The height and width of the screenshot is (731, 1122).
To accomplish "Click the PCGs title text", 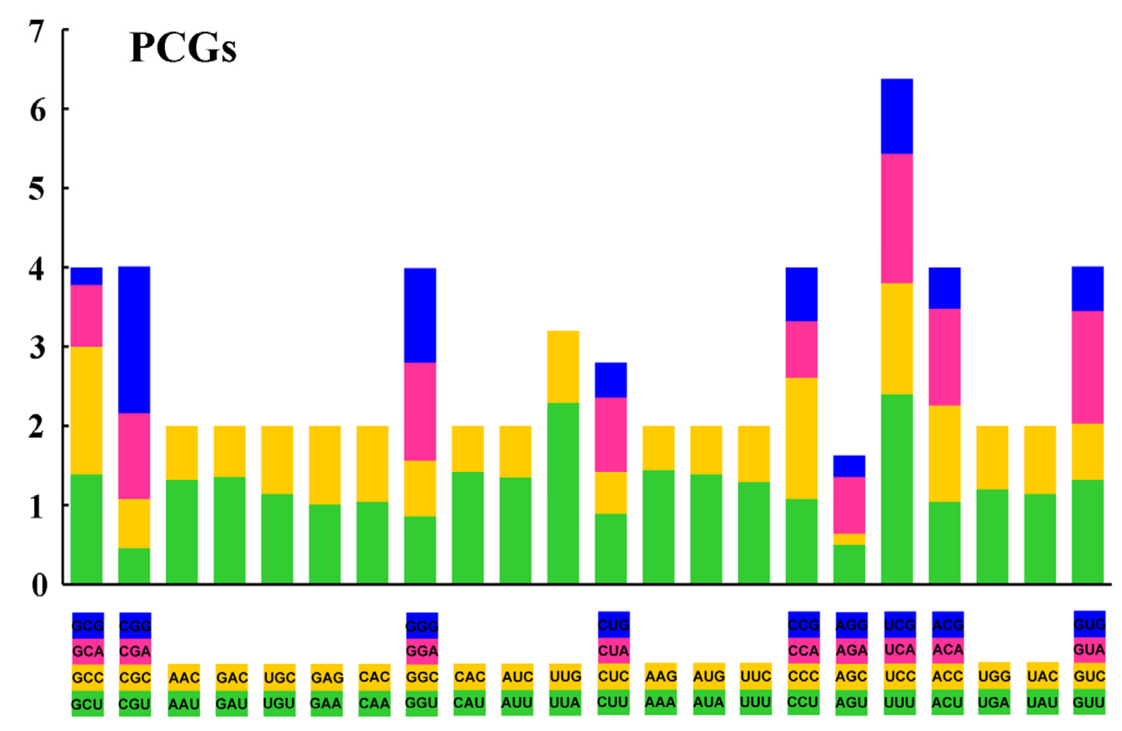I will click(x=182, y=49).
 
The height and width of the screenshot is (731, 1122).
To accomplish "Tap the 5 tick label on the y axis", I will click(x=37, y=190).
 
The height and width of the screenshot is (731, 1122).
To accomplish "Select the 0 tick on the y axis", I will click(x=39, y=586).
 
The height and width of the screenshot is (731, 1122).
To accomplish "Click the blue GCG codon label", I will click(x=88, y=625).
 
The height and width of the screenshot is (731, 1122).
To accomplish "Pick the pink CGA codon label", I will click(x=135, y=651).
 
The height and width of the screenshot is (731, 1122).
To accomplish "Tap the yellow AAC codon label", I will click(x=184, y=677).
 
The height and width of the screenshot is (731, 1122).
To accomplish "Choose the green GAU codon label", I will click(x=231, y=704).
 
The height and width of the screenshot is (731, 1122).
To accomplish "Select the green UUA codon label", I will click(x=565, y=703).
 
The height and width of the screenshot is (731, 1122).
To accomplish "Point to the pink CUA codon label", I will click(x=613, y=651).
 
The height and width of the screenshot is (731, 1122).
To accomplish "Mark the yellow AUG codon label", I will click(x=709, y=677).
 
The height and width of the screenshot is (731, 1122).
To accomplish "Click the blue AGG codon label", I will click(x=851, y=625).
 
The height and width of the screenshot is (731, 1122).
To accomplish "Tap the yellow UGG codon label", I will click(x=994, y=676).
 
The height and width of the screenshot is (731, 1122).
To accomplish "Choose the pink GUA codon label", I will click(x=1089, y=650).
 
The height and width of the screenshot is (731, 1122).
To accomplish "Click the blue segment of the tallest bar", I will click(x=897, y=116).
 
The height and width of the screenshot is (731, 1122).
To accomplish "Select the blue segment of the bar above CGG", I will click(x=134, y=339).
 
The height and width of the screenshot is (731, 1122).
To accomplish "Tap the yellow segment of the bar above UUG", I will click(x=563, y=366).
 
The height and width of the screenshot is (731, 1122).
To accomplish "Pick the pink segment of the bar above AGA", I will click(x=849, y=505).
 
